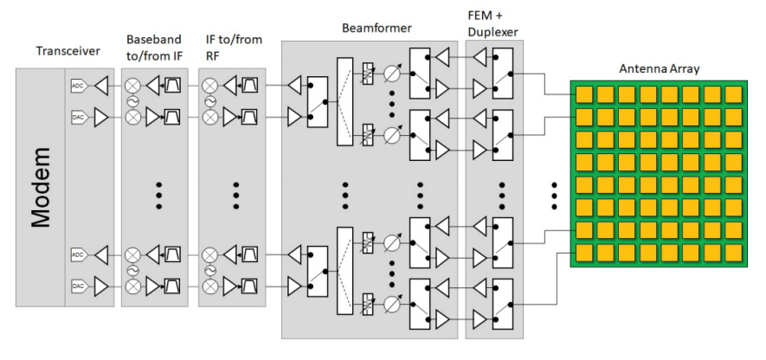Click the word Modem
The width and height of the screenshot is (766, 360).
41,188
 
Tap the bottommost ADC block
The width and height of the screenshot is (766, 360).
77,255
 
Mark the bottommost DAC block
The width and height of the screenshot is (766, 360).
77,284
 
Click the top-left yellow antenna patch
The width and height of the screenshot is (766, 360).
585,94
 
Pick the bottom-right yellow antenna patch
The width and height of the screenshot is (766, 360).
734,254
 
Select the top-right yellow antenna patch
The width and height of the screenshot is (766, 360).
734,94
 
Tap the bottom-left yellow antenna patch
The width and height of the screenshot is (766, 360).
585,254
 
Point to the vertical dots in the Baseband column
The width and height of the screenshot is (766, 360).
160,196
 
